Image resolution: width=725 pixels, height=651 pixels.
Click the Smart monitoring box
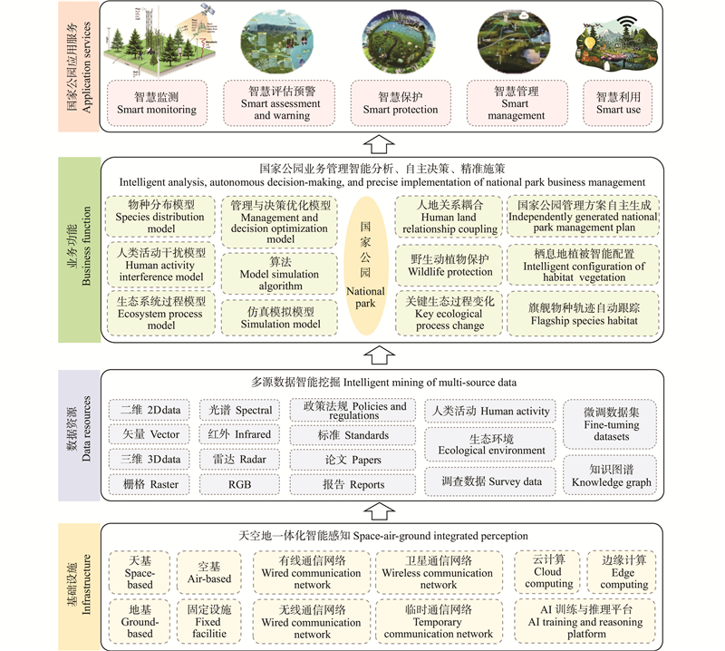click(x=157, y=102)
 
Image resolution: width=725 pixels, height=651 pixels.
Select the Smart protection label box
click(x=400, y=102)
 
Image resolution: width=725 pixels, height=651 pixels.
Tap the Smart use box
click(x=618, y=102)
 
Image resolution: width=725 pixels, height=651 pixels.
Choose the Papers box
click(x=353, y=460)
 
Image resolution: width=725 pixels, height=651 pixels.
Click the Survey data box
click(x=491, y=481)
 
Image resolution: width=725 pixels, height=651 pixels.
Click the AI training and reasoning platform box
click(x=585, y=621)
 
